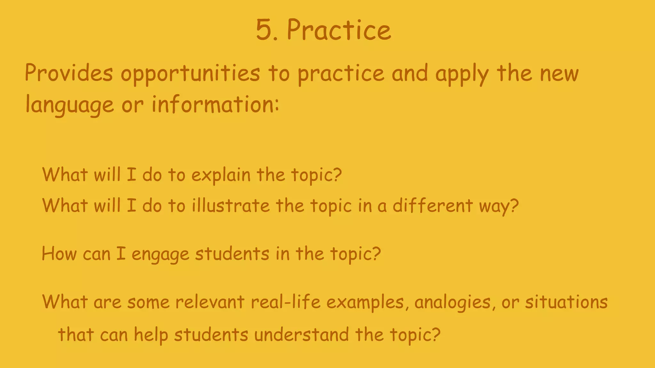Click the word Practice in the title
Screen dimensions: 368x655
coord(339,30)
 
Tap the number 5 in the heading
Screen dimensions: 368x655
coord(263,30)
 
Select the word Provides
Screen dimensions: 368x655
coord(69,73)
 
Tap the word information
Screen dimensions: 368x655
coord(212,104)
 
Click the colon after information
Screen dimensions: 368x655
coord(277,105)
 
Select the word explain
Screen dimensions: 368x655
coord(221,175)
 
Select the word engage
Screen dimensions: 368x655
coord(161,255)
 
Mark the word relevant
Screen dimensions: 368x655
coord(210,302)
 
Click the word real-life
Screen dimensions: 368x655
coord(286,302)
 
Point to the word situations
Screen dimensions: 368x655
coord(566,302)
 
